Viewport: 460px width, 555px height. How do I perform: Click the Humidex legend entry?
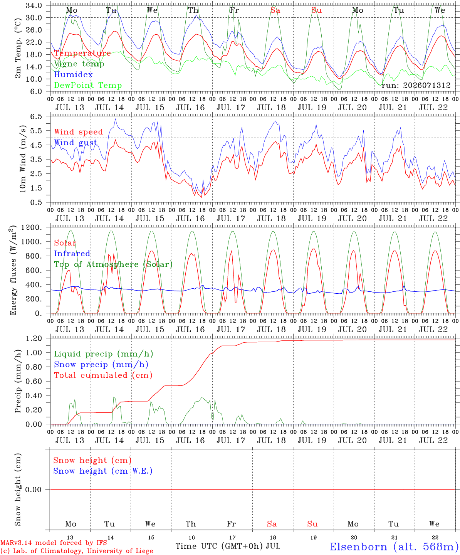tap(73, 74)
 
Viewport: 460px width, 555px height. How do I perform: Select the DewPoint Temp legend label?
tap(88, 85)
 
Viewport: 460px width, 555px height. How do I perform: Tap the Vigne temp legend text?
tap(79, 64)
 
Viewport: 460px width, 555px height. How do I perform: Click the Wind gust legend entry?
tap(76, 143)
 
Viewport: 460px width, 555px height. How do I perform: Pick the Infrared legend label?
tap(72, 254)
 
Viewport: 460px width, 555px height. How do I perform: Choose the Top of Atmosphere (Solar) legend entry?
tap(114, 264)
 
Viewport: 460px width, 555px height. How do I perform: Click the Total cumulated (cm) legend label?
tap(103, 375)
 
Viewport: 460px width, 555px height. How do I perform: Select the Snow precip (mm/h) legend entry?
tap(101, 365)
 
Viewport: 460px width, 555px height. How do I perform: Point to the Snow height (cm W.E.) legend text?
tap(103, 471)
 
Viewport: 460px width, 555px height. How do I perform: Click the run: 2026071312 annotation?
tap(416, 85)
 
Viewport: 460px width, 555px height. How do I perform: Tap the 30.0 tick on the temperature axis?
tap(34, 18)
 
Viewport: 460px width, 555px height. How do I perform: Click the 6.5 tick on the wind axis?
tap(36, 116)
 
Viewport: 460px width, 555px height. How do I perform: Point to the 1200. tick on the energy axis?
tap(32, 227)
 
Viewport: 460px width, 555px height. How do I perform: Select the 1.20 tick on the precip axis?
tap(34, 338)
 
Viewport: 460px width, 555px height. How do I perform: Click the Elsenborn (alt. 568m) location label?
tap(395, 547)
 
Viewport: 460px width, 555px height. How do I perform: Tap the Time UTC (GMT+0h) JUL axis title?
tap(228, 546)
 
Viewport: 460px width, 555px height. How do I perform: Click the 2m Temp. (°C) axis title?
tap(18, 49)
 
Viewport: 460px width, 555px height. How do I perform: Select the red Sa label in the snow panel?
tap(272, 524)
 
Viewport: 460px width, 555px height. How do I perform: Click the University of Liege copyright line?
tap(77, 551)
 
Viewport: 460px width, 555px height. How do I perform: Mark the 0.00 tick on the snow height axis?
tap(34, 489)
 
